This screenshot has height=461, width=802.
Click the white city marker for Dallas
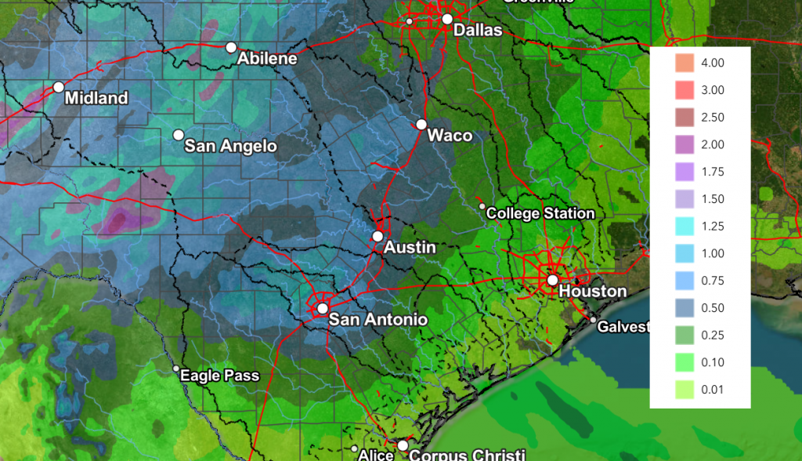pyautogui.click(x=447, y=19)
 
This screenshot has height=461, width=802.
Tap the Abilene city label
pyautogui.click(x=267, y=59)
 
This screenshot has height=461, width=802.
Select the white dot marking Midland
pyautogui.click(x=58, y=87)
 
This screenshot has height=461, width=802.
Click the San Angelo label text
pyautogui.click(x=230, y=146)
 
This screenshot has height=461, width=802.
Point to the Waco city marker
pyautogui.click(x=421, y=124)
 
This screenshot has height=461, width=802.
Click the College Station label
pyautogui.click(x=540, y=213)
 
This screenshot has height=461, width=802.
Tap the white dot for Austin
pyautogui.click(x=378, y=236)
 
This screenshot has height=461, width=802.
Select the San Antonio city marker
pyautogui.click(x=322, y=308)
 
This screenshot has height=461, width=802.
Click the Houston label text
pyautogui.click(x=593, y=292)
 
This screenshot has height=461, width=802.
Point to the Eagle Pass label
pyautogui.click(x=219, y=376)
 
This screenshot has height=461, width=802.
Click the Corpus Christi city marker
pyautogui.click(x=403, y=445)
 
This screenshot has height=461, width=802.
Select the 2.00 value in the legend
pyautogui.click(x=713, y=144)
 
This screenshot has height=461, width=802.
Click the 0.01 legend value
pyautogui.click(x=713, y=390)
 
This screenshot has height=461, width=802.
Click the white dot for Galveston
pyautogui.click(x=593, y=321)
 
